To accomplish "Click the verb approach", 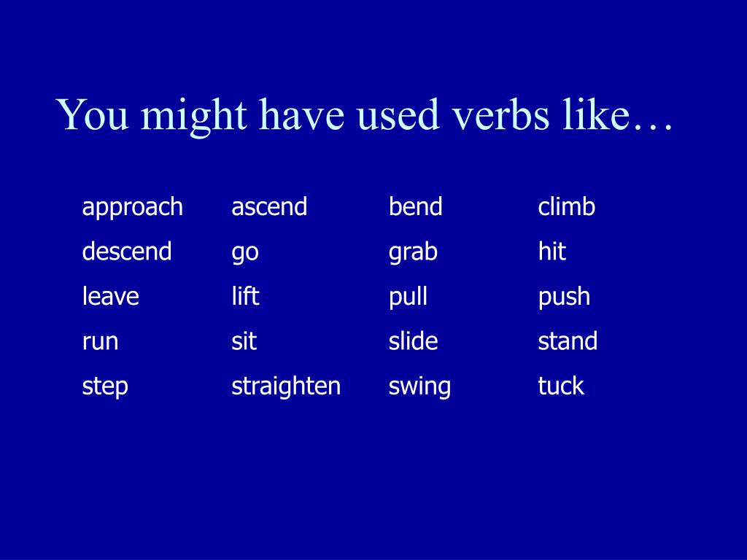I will pos(132,208).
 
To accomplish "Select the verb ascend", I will pos(269,208).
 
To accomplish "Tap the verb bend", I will pos(415,208).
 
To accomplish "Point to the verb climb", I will pos(566,208).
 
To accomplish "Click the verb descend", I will pos(127,252).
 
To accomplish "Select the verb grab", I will pos(413,252).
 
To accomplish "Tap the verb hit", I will pos(551,252).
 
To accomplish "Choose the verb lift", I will pos(245,297).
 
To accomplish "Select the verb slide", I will pos(413,341).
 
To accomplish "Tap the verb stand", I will pos(568,341).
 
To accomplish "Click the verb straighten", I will pos(286,386).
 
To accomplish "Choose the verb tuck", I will pos(561,386).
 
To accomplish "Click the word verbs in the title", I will pos(497,115).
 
